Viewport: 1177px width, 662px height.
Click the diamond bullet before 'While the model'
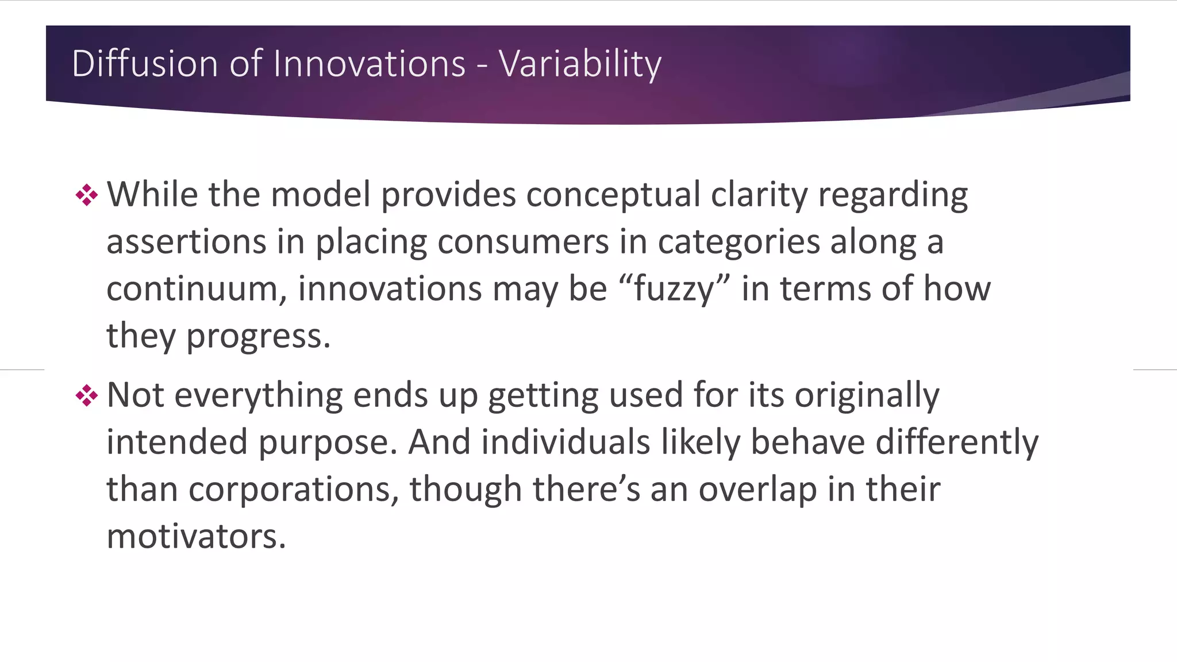[87, 195]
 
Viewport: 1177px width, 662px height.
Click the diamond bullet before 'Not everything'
[87, 396]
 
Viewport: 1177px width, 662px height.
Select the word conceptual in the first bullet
[613, 195]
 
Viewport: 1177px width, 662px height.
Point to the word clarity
[759, 195]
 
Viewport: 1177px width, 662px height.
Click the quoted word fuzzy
[674, 289]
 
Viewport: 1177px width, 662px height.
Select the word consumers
[523, 242]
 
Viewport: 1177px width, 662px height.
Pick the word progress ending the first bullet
[258, 336]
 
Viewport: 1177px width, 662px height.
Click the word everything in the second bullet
[258, 396]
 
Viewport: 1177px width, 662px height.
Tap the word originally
[867, 396]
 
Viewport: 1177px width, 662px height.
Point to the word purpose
[327, 443]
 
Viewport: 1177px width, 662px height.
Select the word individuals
[566, 443]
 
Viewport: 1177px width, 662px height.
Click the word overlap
[757, 490]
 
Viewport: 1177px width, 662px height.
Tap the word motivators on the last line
[196, 537]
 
